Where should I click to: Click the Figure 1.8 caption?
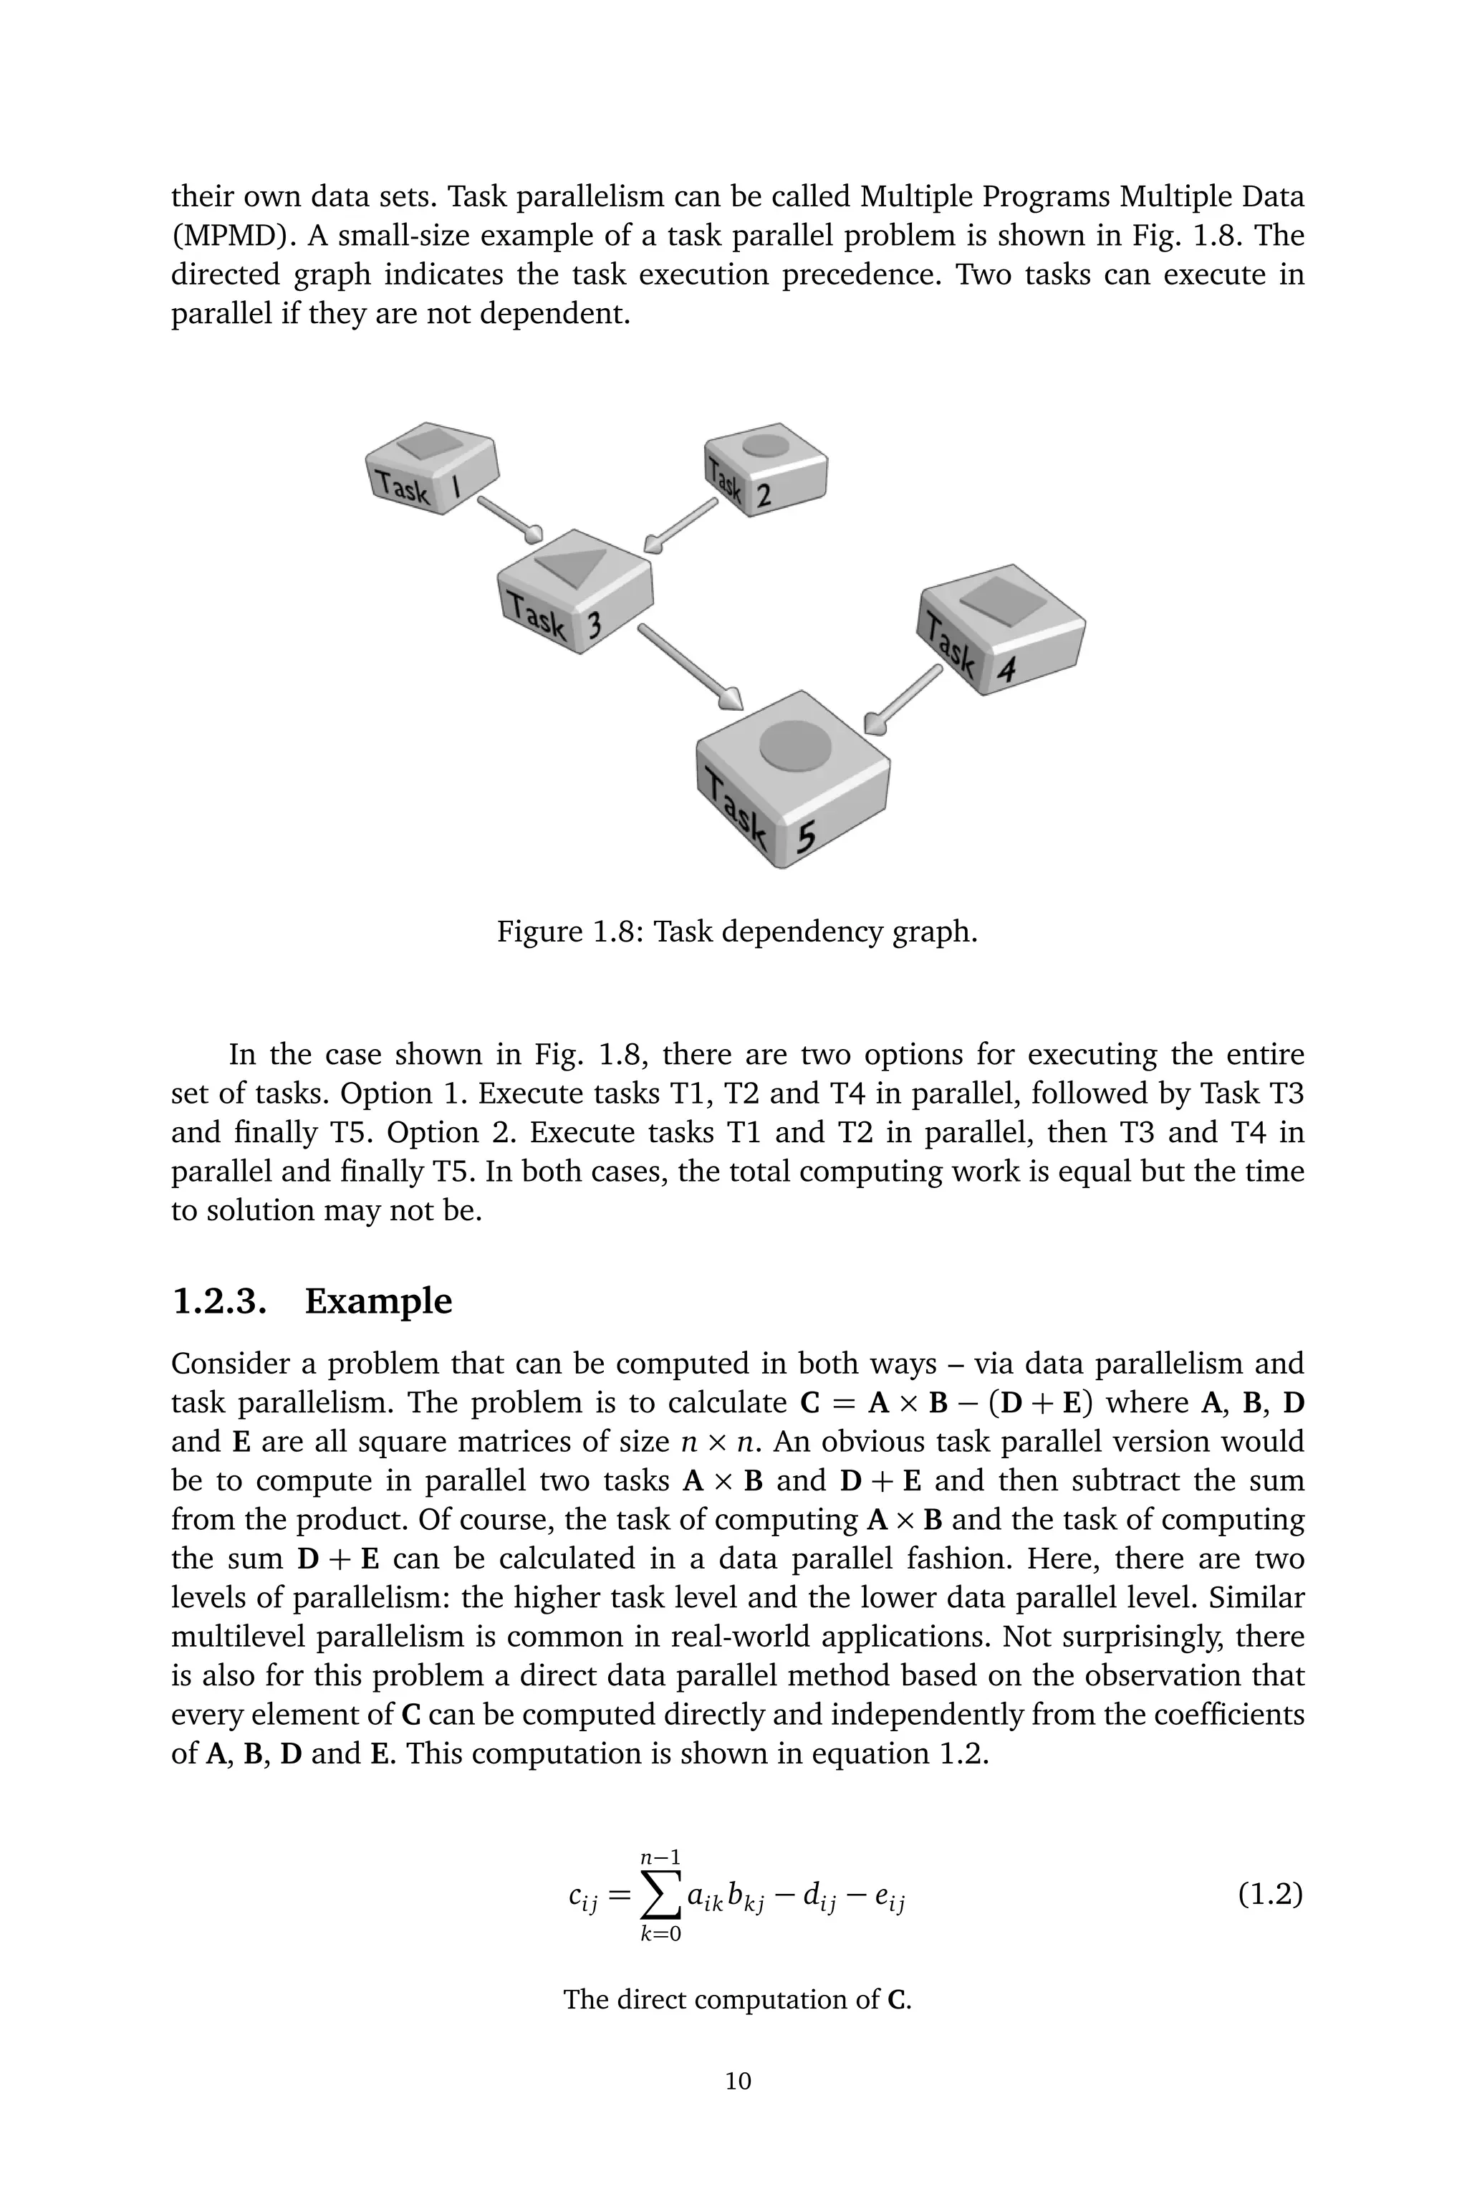pos(736,932)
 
